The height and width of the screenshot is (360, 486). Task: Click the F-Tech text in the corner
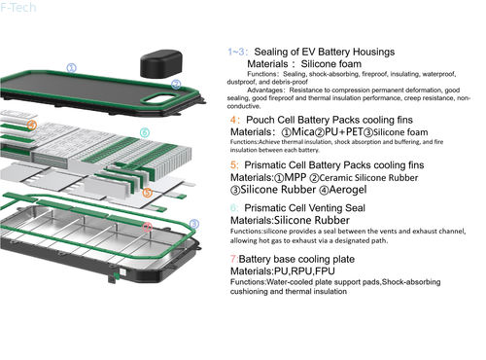18,7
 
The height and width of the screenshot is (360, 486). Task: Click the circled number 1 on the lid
71,68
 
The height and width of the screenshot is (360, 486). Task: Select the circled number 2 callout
176,85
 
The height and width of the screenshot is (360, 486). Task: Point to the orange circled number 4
32,126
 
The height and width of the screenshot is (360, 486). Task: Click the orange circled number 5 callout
147,194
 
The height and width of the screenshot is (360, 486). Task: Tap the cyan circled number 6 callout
144,132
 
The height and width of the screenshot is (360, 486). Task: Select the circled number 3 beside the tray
193,224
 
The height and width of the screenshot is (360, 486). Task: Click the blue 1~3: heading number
238,51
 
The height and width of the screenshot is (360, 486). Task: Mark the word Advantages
267,90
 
